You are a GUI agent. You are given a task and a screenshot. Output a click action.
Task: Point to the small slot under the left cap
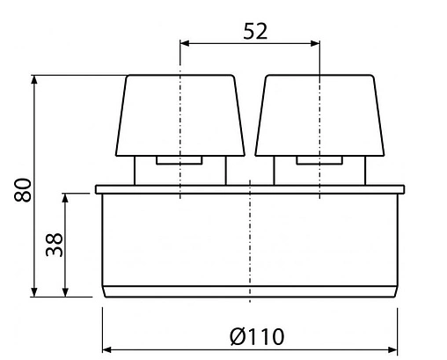[x=180, y=161]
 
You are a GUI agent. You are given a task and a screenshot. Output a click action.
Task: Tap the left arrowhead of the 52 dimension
[x=185, y=40]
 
